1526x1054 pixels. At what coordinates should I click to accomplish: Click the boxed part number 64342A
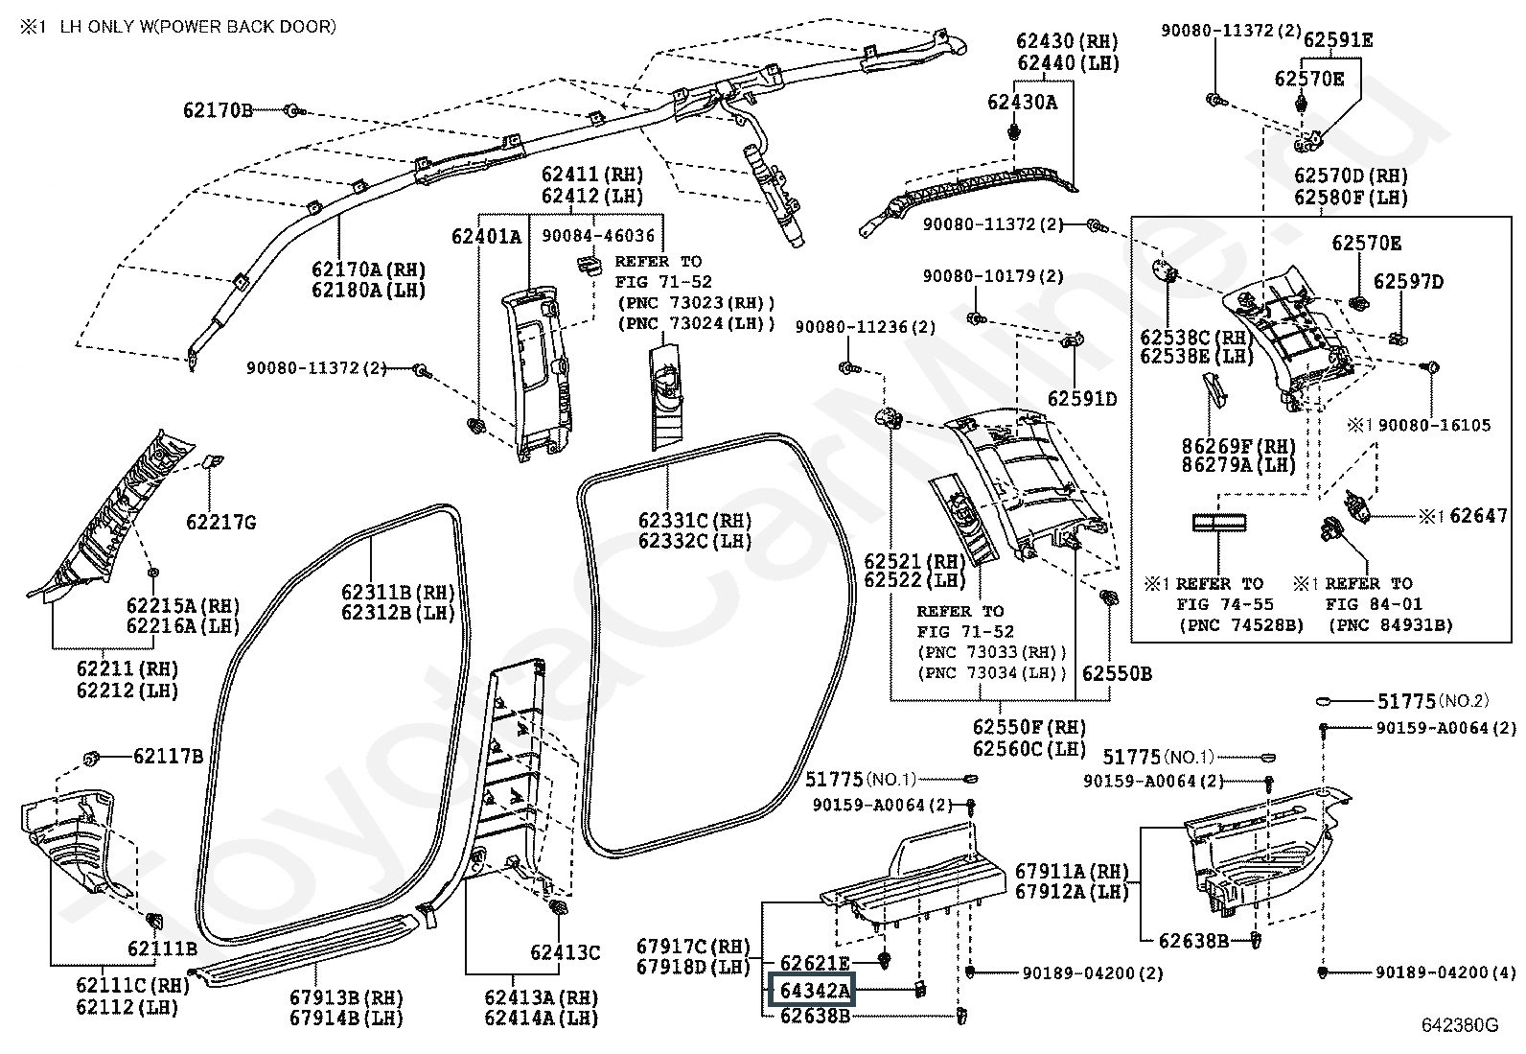pos(811,990)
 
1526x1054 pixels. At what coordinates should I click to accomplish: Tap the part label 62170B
pos(218,110)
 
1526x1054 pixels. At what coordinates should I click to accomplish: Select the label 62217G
pos(221,523)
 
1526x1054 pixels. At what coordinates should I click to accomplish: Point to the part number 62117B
pos(169,756)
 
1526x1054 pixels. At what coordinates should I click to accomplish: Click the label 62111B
pos(162,949)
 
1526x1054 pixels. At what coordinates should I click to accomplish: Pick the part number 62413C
pos(566,952)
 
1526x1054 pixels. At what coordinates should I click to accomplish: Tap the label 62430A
pos(1023,103)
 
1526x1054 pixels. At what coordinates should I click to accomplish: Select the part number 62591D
pos(1082,399)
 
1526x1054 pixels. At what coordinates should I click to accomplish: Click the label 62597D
pos(1408,282)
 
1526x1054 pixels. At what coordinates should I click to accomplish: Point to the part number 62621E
pos(815,963)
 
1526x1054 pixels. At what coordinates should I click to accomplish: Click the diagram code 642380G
pos(1459,1025)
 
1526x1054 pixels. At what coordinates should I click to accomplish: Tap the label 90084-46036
pos(598,236)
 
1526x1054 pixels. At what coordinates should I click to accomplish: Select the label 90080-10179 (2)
pos(993,276)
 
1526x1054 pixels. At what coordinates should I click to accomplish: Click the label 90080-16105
pos(1435,426)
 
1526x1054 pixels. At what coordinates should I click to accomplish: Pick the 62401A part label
pos(486,237)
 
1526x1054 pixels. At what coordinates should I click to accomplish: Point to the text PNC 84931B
pos(1391,626)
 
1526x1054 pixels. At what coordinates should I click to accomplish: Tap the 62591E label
pos(1338,40)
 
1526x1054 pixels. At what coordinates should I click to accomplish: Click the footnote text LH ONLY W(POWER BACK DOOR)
pos(198,27)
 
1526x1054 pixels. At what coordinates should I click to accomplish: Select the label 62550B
pos(1118,673)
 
